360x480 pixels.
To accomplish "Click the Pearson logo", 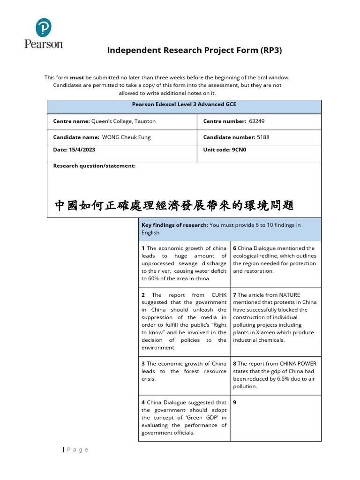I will coord(44,34).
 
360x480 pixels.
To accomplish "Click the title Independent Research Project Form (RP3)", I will coord(195,50).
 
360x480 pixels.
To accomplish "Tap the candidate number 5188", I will coord(263,137).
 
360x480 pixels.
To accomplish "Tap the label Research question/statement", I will coord(94,166).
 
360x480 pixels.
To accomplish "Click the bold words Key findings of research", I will coord(174,225).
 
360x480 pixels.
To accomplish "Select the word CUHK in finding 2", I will coord(218,295).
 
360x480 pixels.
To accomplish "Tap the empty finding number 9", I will coord(235,402).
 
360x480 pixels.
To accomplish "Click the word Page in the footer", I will coord(77,450).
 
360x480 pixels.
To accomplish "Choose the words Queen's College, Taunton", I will coord(124,121).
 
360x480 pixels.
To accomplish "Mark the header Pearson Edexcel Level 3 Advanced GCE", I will coord(184,105).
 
